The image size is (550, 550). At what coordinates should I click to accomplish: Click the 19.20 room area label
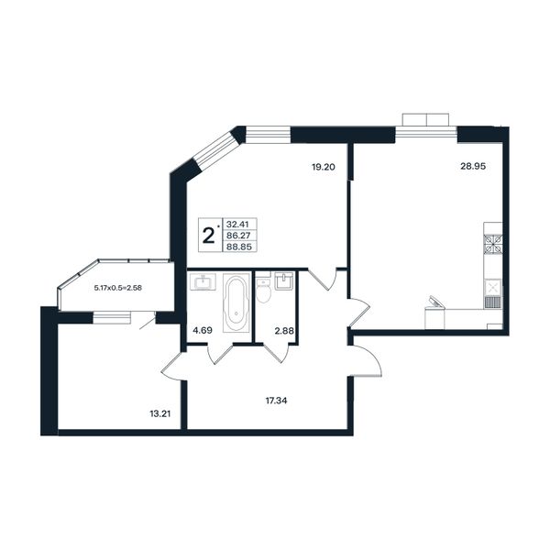[x=324, y=168]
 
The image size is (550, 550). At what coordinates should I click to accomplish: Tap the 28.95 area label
[x=473, y=166]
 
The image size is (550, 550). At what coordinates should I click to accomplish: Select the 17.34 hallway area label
[x=277, y=401]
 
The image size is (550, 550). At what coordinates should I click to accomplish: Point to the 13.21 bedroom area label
[x=159, y=414]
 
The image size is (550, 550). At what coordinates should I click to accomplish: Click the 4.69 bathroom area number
[x=203, y=330]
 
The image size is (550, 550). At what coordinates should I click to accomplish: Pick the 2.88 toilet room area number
[x=284, y=330]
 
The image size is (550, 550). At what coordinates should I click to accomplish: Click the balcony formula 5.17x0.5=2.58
[x=118, y=289]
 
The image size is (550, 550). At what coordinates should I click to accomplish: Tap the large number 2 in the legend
[x=209, y=236]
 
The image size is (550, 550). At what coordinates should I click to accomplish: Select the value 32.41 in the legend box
[x=237, y=224]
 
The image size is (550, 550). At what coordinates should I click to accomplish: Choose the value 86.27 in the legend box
[x=238, y=235]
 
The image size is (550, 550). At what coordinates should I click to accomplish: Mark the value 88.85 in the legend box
[x=239, y=247]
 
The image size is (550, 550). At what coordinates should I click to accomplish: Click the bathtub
[x=236, y=302]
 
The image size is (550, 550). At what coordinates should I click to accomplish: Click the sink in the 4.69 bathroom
[x=203, y=282]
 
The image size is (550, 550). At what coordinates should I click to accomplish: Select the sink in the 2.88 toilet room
[x=284, y=281]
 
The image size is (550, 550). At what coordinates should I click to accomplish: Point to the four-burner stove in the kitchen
[x=493, y=245]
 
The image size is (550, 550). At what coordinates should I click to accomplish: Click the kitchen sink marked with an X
[x=493, y=288]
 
